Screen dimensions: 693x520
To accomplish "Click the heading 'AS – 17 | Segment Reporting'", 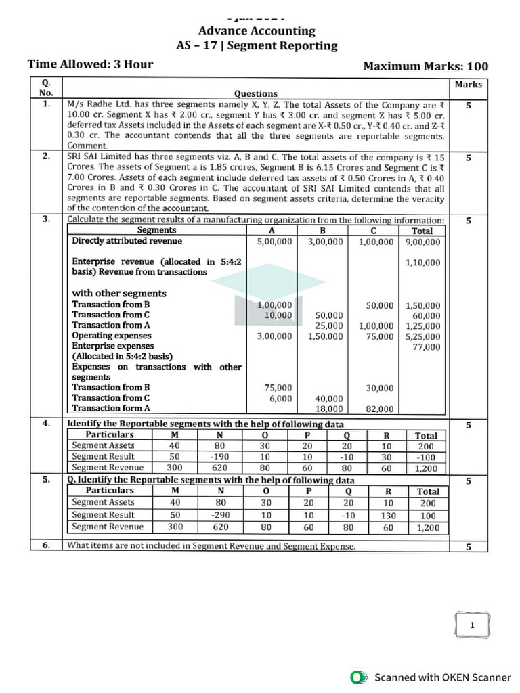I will (256, 46).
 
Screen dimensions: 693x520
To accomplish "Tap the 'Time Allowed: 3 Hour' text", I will (90, 65).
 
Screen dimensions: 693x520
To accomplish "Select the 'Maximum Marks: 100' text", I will (425, 66).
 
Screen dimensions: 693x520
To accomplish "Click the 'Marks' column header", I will (469, 85).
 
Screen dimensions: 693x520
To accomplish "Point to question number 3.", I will (45, 219).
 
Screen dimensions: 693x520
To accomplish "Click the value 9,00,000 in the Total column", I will (422, 241).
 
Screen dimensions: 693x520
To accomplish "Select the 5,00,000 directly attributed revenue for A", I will (275, 241).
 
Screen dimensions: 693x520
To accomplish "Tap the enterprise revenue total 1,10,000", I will (422, 263).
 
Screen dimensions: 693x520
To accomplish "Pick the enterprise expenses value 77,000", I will (426, 346).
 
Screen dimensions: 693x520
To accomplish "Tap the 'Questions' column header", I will (255, 94).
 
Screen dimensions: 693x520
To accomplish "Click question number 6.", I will (45, 545).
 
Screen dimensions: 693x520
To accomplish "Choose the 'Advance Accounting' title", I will (256, 30).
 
